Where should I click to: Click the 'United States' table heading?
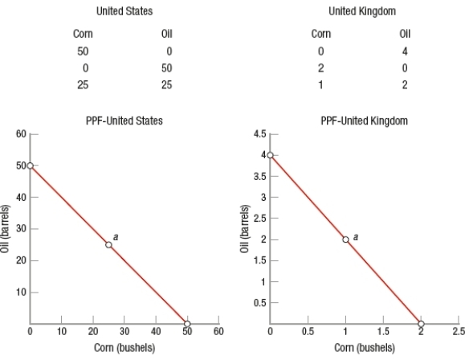[124, 11]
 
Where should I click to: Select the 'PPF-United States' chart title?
[124, 121]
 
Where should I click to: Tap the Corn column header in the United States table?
[83, 35]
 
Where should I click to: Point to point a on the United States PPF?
[108, 245]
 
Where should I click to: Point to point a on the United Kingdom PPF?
[345, 239]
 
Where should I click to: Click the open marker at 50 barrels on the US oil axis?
[31, 166]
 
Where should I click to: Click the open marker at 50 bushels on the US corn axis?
[186, 324]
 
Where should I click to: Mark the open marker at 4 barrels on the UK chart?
[271, 154]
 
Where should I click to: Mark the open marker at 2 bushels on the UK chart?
[420, 324]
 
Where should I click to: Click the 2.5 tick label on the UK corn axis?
[458, 332]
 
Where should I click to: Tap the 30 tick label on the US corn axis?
[124, 332]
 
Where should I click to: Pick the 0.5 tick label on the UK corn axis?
[308, 332]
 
